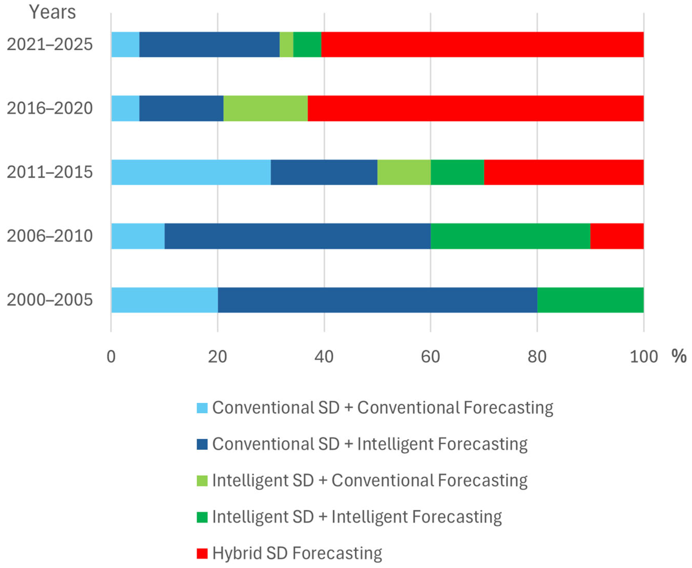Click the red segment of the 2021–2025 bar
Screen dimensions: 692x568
482,45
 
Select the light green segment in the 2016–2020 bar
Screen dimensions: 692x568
265,108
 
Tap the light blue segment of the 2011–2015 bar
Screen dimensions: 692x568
191,172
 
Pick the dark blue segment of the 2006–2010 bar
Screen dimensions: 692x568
297,236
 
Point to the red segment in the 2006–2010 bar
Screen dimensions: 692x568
617,236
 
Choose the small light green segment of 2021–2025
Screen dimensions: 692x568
286,45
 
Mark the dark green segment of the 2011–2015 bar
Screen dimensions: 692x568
457,172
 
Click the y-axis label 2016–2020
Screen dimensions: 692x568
50,108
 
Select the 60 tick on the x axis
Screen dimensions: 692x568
430,357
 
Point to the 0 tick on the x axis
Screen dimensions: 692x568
111,357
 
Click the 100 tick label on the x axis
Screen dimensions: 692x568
644,357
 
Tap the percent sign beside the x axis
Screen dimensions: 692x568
679,356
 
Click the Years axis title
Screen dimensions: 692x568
52,12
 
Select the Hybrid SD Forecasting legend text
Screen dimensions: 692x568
297,553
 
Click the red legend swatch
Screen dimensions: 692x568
202,553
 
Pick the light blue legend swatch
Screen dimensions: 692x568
202,408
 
